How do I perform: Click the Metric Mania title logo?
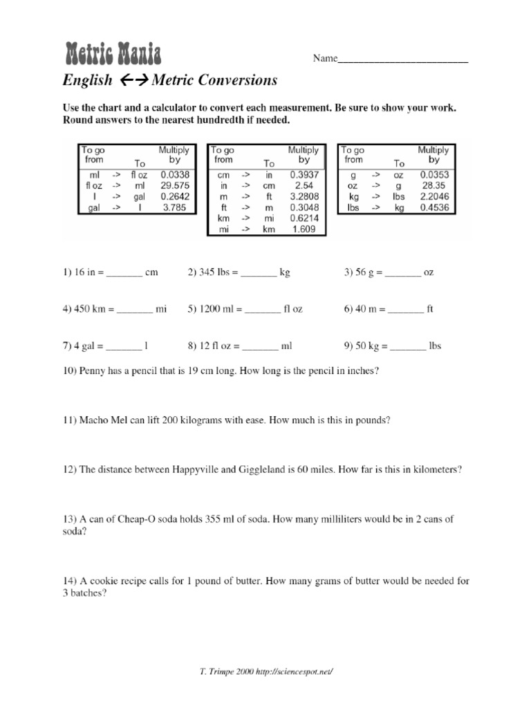pyautogui.click(x=113, y=53)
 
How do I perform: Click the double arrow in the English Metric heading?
pyautogui.click(x=131, y=81)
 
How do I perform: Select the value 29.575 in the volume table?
pyautogui.click(x=173, y=186)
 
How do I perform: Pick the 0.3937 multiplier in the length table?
pyautogui.click(x=303, y=176)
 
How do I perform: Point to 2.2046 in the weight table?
pyautogui.click(x=433, y=196)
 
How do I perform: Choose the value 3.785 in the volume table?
pyautogui.click(x=173, y=207)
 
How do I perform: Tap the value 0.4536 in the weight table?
pyautogui.click(x=433, y=207)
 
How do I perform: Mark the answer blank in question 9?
pyautogui.click(x=407, y=346)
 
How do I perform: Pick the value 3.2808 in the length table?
pyautogui.click(x=303, y=196)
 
